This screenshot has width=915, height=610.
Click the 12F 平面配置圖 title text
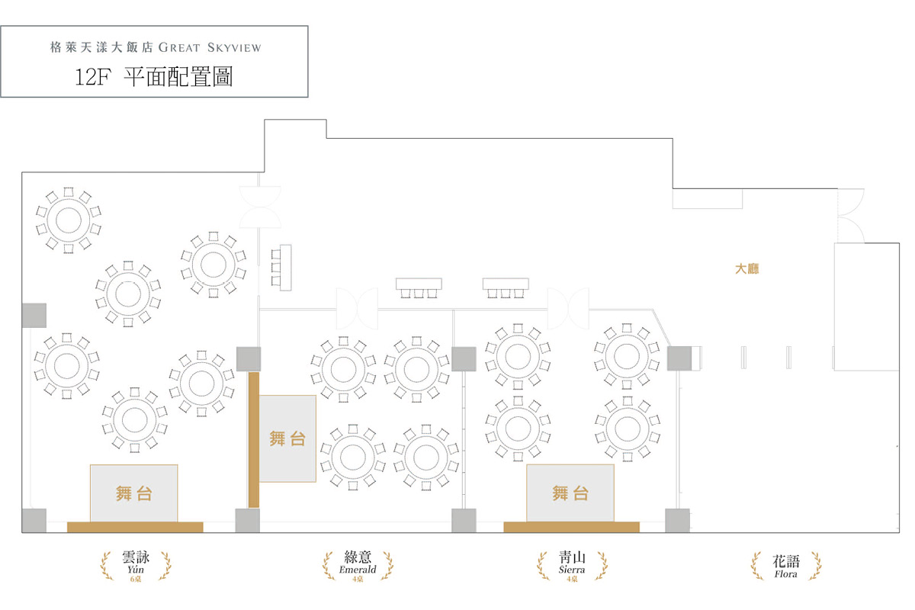(154, 77)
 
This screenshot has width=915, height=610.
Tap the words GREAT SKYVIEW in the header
(210, 47)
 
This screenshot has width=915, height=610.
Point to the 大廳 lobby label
(746, 269)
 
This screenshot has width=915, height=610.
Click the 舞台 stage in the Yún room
(134, 493)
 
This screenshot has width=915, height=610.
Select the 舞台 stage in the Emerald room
(287, 438)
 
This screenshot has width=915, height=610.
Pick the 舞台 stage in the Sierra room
(570, 493)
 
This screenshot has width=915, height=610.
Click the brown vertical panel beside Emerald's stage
(254, 439)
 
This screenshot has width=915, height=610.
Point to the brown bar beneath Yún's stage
(135, 527)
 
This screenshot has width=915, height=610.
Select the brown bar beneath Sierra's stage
(571, 527)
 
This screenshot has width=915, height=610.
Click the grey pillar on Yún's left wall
(34, 315)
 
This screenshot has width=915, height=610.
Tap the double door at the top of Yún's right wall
(260, 206)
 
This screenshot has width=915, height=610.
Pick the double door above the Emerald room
(358, 307)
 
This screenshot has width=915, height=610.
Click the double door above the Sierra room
(568, 308)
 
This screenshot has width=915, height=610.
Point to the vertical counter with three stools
(282, 267)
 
